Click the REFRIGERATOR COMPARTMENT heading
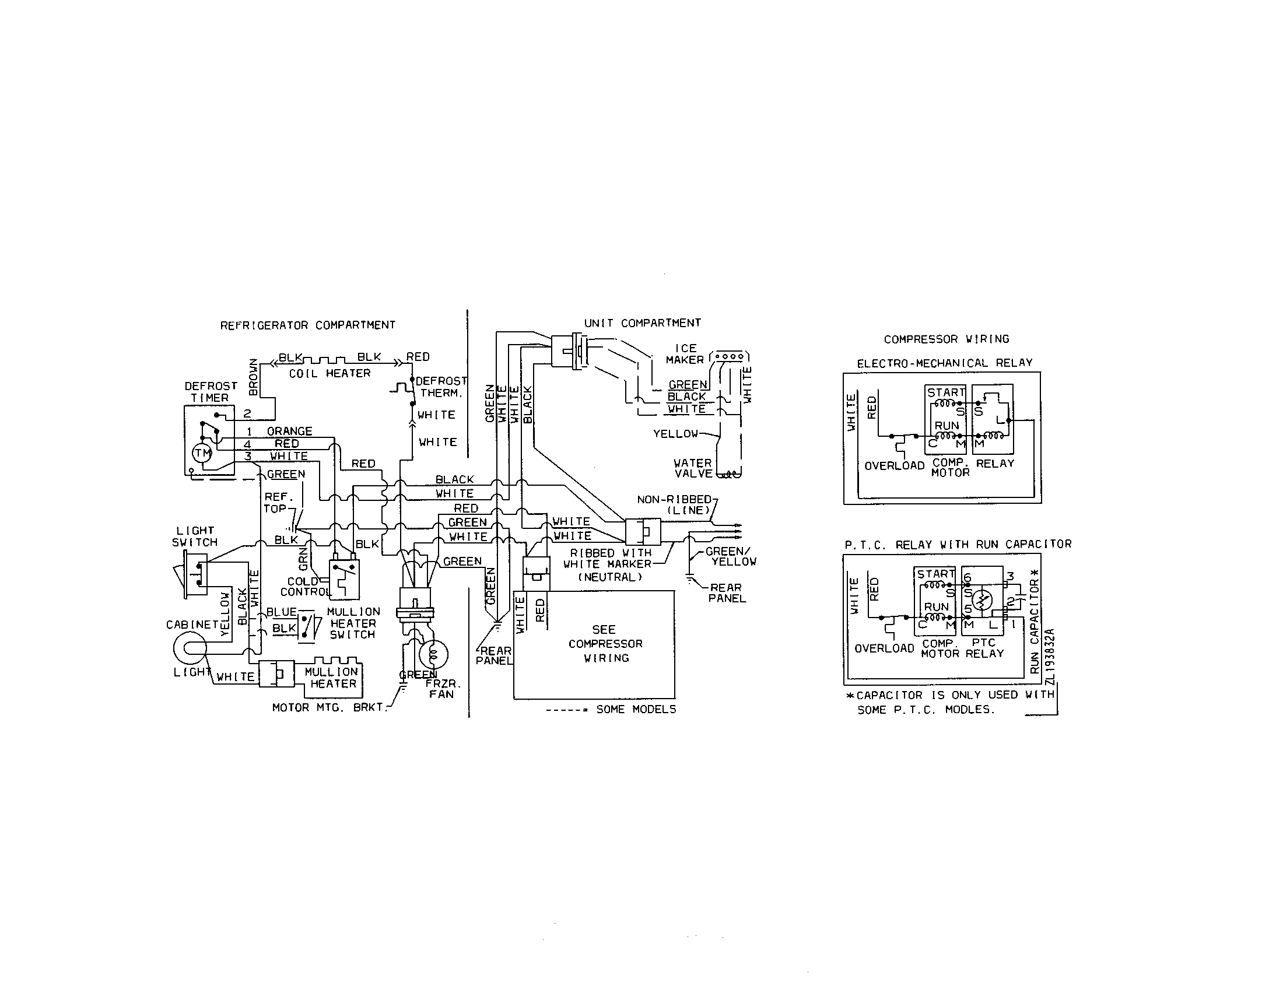pos(307,325)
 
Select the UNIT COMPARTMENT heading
pos(642,323)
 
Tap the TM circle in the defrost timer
pos(202,453)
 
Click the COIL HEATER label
pos(329,374)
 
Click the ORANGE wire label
pos(290,431)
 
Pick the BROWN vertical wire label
pos(253,377)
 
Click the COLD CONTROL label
pos(304,587)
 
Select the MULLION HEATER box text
pos(332,678)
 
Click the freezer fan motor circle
pos(433,654)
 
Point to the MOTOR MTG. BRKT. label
pos(329,708)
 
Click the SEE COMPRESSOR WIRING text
pos(605,644)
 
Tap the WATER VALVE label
pos(693,468)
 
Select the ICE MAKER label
pos(685,354)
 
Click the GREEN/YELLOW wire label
pos(730,556)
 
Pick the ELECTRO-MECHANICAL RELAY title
pos(944,363)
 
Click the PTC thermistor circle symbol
pos(982,600)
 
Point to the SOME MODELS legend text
pos(636,710)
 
